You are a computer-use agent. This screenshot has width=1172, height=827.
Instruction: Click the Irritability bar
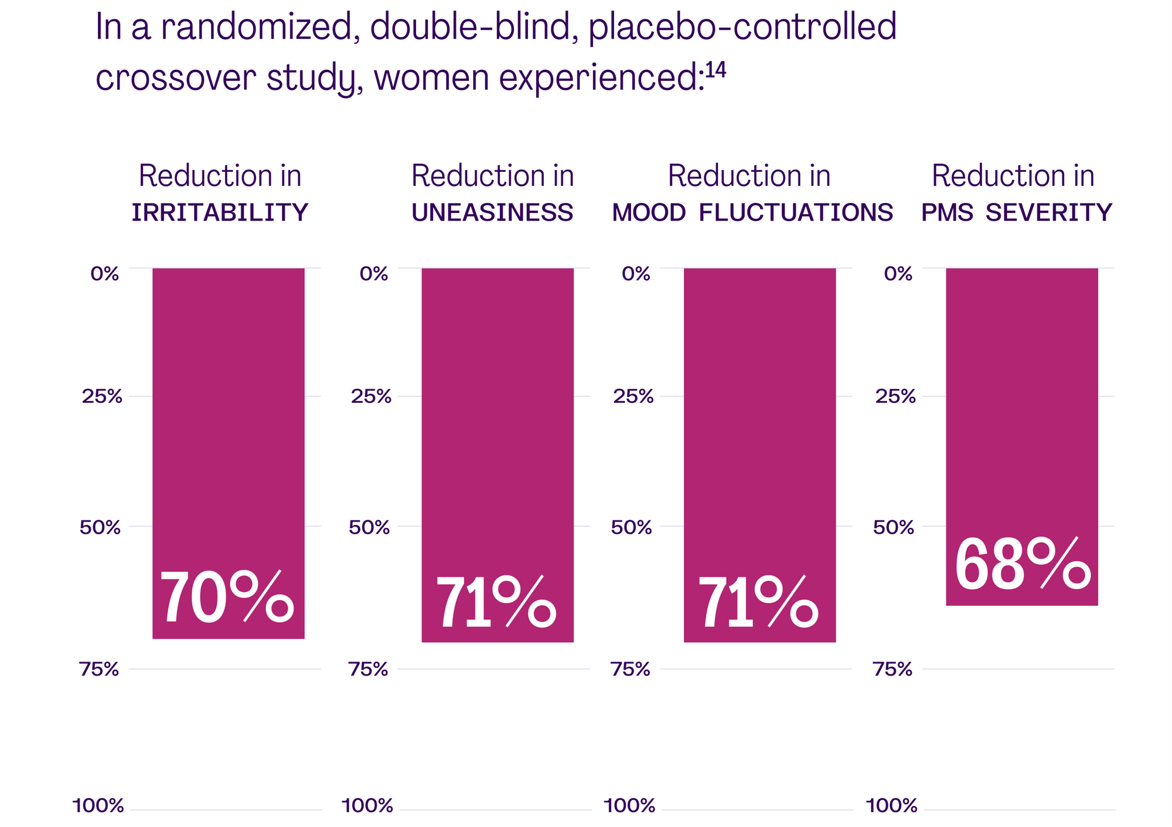click(229, 411)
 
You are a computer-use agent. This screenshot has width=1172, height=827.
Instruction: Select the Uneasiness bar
click(498, 411)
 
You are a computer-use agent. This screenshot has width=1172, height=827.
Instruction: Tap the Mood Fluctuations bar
click(759, 411)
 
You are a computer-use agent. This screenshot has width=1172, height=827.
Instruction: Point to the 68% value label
click(1022, 565)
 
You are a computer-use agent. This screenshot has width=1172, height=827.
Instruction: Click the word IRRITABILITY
click(220, 212)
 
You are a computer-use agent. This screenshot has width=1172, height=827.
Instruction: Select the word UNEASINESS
click(492, 212)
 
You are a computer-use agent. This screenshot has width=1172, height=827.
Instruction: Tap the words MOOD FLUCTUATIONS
click(752, 212)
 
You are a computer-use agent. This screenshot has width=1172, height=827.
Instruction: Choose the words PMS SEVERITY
click(1017, 212)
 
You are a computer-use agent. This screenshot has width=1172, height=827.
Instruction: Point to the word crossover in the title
click(176, 78)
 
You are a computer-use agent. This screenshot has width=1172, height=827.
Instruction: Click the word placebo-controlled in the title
click(742, 28)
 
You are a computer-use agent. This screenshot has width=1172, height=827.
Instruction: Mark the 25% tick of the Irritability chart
click(102, 397)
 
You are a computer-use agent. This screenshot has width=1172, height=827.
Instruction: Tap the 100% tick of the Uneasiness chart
click(367, 806)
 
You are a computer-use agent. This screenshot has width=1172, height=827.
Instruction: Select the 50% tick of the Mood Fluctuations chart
click(631, 527)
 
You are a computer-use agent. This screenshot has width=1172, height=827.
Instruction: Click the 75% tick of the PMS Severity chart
click(893, 669)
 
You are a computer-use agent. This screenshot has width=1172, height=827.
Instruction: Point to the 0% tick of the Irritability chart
click(105, 273)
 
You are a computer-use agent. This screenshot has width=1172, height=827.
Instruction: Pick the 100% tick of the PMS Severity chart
click(891, 806)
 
